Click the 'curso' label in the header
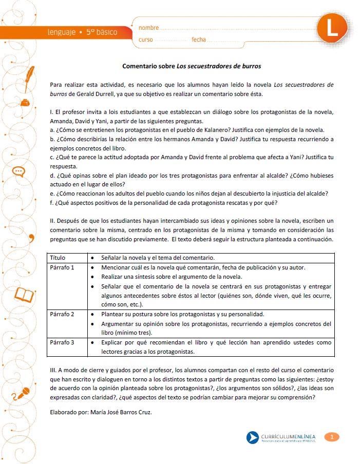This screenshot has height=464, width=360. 146,40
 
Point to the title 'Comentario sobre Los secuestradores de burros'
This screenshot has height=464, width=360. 192,66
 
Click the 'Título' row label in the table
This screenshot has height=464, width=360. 58,257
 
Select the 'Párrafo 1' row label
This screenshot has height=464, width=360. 62,267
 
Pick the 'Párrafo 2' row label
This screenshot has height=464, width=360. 62,313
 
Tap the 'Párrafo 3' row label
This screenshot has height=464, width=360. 62,342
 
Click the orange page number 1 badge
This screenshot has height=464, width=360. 332,437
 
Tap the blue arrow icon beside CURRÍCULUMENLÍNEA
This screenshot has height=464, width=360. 252,437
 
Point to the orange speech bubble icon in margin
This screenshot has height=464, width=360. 19,171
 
